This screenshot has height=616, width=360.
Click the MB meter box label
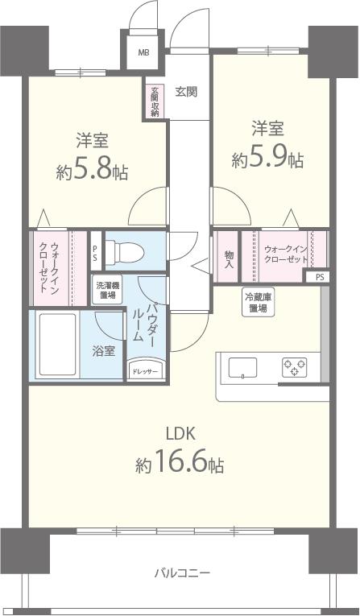[x=143, y=53]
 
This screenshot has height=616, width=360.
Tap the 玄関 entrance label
[x=186, y=91]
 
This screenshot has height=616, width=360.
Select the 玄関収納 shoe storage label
[x=154, y=101]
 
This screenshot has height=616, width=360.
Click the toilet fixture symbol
[x=126, y=251]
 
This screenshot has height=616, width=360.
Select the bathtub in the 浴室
[x=55, y=344]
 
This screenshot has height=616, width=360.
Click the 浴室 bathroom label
[x=102, y=351]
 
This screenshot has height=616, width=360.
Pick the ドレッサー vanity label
[x=146, y=370]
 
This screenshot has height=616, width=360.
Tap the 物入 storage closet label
[x=229, y=258]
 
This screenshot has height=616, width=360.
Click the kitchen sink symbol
[x=243, y=368]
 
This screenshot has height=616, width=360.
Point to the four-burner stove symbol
[x=294, y=368]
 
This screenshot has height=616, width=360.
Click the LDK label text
[x=180, y=432]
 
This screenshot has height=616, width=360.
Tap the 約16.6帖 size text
[x=180, y=464]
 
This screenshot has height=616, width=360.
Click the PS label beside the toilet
[x=95, y=254]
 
